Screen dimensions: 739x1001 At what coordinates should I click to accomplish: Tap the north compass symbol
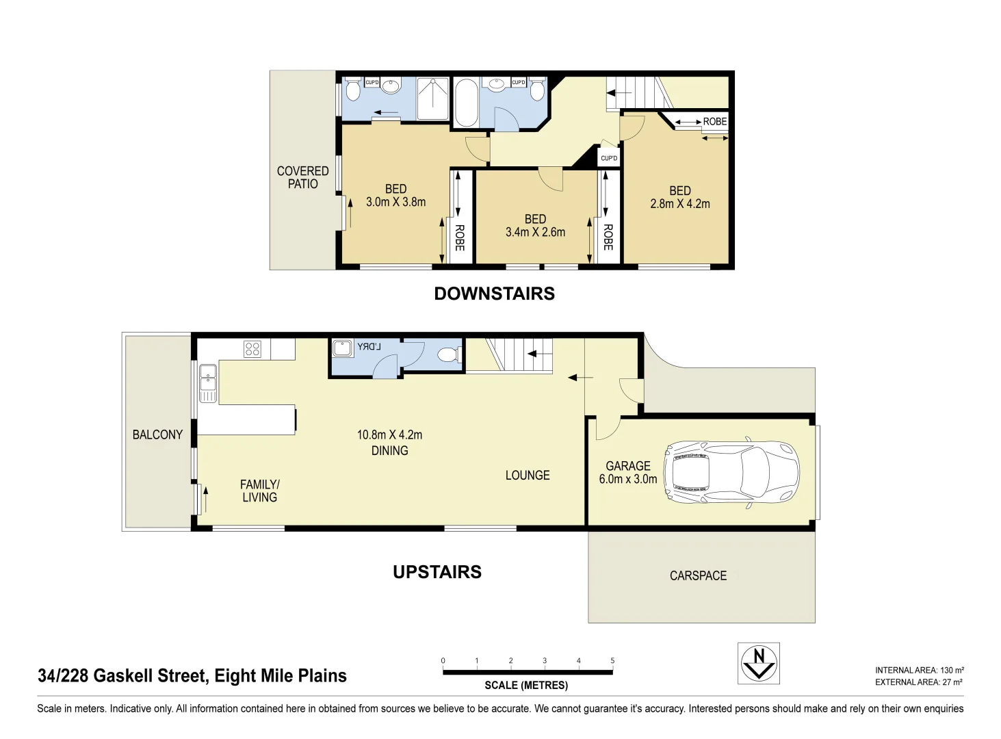tap(758, 662)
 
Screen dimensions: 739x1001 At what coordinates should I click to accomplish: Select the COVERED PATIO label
tap(302, 177)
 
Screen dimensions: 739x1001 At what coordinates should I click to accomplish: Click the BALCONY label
tap(157, 435)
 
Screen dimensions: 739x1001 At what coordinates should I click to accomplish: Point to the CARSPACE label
tap(698, 575)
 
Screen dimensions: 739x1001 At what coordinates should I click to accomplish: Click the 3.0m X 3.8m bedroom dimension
tap(395, 202)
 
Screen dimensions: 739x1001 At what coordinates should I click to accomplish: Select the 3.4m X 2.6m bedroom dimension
tap(535, 232)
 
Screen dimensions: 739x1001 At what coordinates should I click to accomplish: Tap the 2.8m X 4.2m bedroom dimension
tap(679, 203)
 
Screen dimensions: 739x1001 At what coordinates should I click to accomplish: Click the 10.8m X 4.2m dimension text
tap(389, 435)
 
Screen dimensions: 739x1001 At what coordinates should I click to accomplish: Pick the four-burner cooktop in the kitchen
tap(252, 349)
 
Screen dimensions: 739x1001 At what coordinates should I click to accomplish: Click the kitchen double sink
tap(207, 383)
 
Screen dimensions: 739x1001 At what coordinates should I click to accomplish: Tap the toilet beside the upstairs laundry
tap(447, 354)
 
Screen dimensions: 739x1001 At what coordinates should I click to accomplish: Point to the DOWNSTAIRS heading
tap(494, 294)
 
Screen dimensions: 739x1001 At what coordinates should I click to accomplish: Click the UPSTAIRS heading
tap(437, 572)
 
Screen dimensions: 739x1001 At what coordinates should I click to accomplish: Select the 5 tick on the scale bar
tap(612, 661)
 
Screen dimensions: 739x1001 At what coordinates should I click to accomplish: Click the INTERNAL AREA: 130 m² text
tap(919, 671)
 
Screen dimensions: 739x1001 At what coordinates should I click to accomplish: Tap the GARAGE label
tap(627, 466)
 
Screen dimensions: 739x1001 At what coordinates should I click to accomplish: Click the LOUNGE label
tap(527, 475)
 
